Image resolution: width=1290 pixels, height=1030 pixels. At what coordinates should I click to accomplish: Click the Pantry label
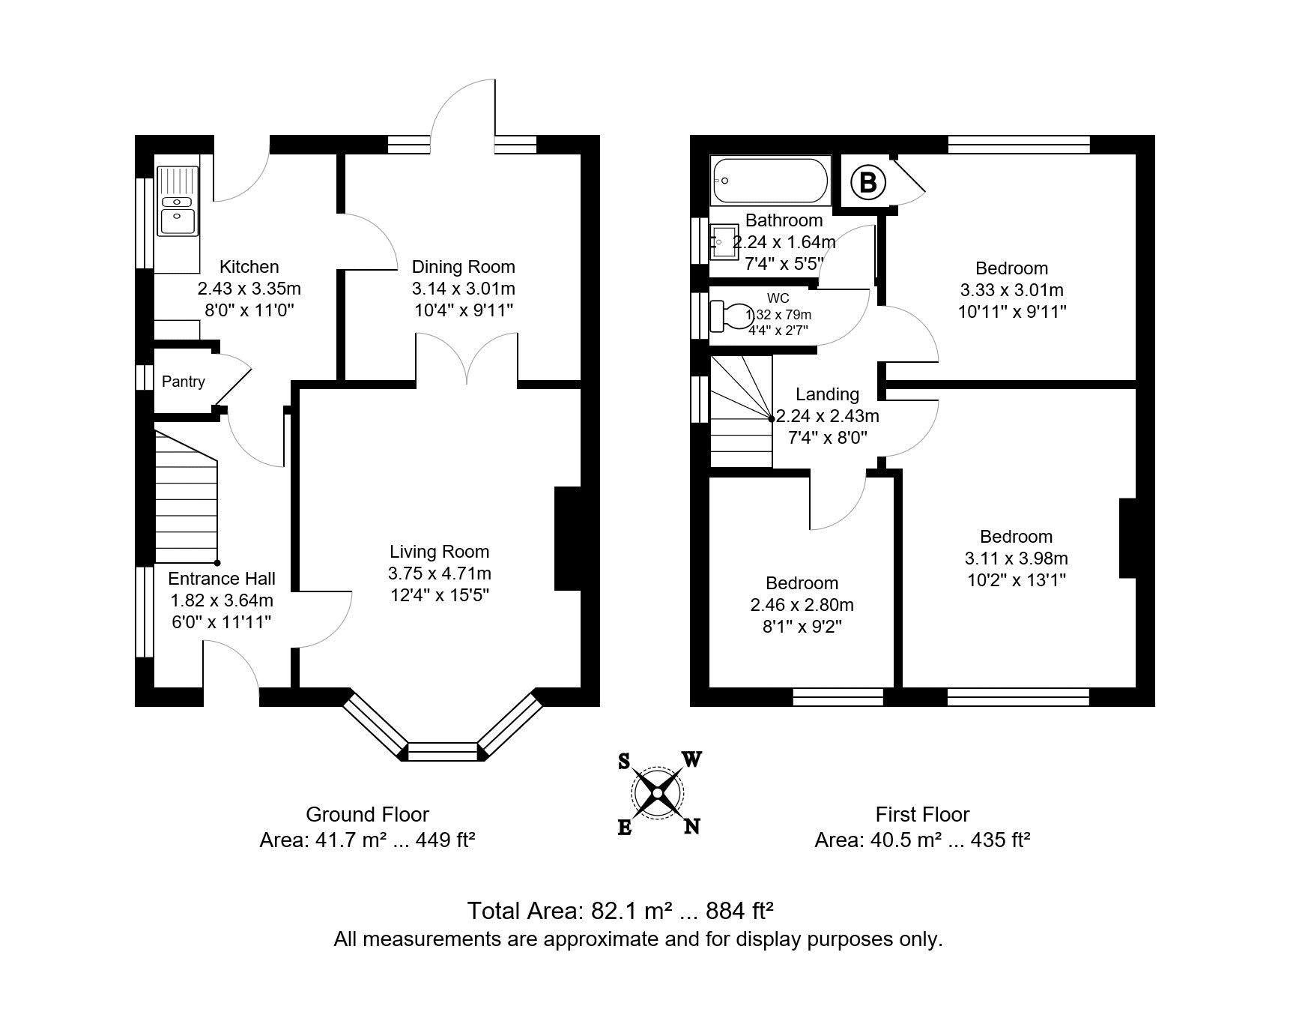[183, 382]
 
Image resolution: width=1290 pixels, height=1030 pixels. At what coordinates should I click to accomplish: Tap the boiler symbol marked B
[867, 182]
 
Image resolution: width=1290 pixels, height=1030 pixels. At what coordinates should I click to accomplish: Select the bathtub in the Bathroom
[769, 181]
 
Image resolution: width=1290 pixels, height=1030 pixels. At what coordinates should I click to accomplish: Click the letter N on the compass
[692, 826]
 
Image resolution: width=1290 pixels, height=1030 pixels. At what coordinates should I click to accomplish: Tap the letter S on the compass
[623, 762]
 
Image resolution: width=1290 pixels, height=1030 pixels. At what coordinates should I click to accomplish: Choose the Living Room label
[439, 552]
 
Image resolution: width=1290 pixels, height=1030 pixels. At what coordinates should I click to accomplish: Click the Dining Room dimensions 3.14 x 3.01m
[463, 289]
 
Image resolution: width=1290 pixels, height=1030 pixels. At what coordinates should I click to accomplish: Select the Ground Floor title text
[367, 814]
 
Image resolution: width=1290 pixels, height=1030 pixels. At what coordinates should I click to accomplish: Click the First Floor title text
[922, 814]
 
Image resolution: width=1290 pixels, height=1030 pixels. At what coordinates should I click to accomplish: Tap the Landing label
[827, 394]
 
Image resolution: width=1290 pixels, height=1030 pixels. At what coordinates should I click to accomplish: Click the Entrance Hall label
[221, 579]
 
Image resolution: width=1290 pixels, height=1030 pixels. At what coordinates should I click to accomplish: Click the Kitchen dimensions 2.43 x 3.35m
[249, 289]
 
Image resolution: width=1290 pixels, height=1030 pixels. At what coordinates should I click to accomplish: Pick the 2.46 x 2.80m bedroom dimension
[802, 605]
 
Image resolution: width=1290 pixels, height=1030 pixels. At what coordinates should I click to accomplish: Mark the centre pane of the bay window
[443, 751]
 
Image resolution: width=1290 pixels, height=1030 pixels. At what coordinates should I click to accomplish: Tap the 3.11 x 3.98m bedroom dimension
[1016, 558]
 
